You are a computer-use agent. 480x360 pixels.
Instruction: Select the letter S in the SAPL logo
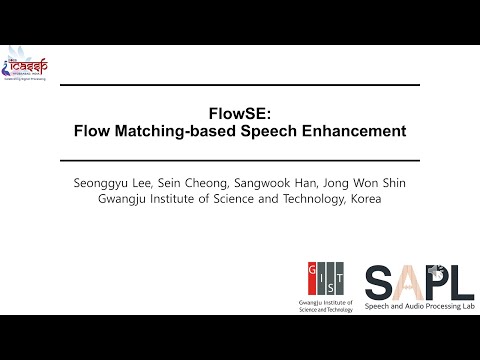pyautogui.click(x=381, y=282)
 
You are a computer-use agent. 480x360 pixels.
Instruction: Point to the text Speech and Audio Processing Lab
pyautogui.click(x=419, y=305)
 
